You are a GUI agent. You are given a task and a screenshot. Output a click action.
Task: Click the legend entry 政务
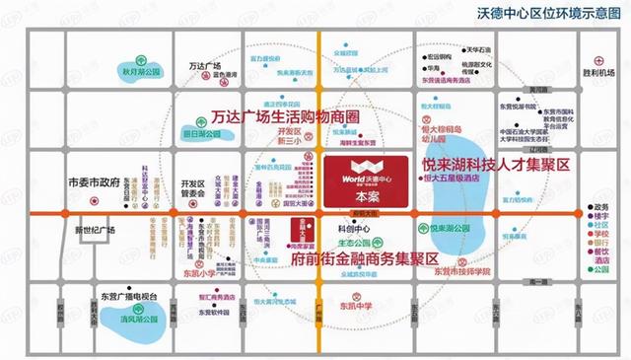(600, 207)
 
